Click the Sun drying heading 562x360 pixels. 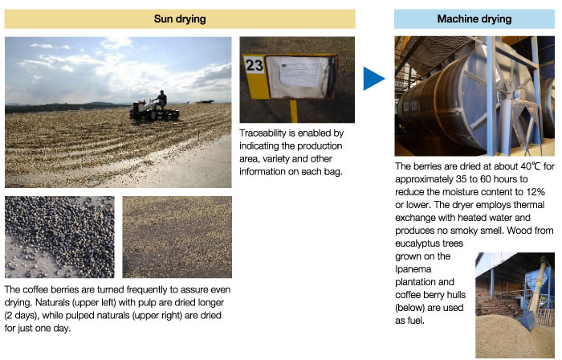point(180,18)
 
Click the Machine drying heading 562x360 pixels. point(474,18)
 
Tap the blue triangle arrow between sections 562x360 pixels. point(373,79)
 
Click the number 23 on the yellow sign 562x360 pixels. point(254,65)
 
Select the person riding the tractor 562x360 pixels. point(161,99)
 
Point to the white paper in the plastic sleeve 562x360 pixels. point(299,73)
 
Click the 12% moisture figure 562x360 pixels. point(536,192)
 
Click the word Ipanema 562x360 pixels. point(413,269)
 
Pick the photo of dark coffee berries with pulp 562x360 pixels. point(59,237)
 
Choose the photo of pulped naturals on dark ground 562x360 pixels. point(177,237)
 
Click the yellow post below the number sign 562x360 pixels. point(294,112)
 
